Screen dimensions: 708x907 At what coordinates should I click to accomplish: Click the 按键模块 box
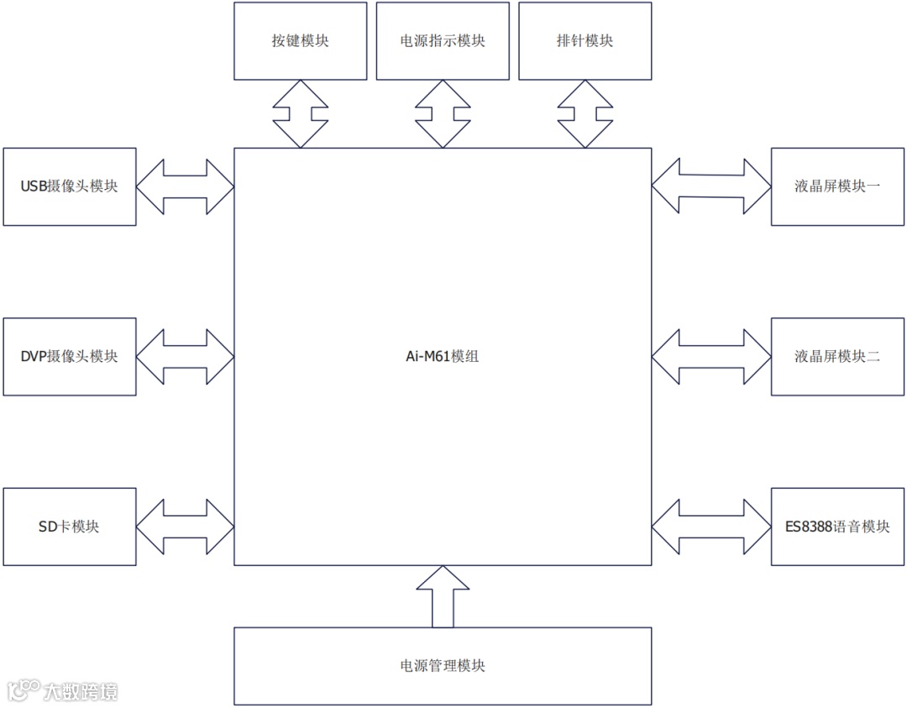click(x=300, y=41)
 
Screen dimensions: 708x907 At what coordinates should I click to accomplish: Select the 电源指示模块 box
click(x=443, y=41)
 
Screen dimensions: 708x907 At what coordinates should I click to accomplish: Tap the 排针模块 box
click(x=585, y=41)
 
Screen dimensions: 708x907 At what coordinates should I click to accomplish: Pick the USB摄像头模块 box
click(x=70, y=186)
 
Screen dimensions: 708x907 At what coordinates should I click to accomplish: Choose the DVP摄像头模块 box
click(x=70, y=356)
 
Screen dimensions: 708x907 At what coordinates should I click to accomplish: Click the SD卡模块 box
click(x=70, y=527)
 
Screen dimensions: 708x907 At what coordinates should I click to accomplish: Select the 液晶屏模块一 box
click(x=837, y=186)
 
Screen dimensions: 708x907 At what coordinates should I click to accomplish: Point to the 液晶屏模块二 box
click(x=837, y=356)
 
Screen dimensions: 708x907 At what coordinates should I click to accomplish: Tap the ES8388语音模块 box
click(x=837, y=527)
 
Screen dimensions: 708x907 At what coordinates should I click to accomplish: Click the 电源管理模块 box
click(x=443, y=666)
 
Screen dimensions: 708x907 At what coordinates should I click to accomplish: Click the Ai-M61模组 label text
click(x=443, y=356)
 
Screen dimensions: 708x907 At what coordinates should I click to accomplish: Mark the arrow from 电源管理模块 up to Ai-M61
click(x=443, y=597)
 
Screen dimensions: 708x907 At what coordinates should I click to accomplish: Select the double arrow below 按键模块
click(x=300, y=114)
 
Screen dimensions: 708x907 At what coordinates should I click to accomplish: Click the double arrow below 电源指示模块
click(x=443, y=114)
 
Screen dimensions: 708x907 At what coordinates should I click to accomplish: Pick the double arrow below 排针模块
click(x=585, y=114)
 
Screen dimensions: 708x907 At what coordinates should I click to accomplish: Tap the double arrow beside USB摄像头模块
click(x=185, y=186)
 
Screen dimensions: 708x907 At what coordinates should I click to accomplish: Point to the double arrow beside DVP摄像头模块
click(x=185, y=356)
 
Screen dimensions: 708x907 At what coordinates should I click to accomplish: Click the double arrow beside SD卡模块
click(x=185, y=527)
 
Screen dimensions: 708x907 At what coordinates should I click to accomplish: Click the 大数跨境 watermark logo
click(x=63, y=691)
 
